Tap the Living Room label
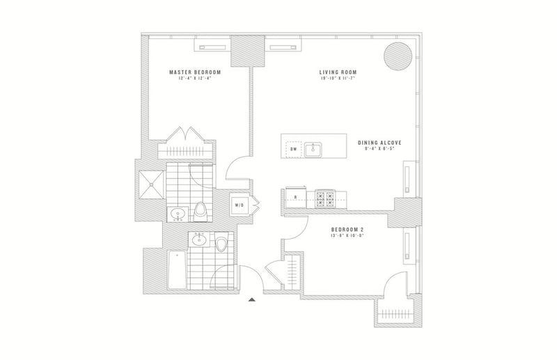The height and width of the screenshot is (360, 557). tap(337, 72)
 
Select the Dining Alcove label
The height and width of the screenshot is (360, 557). tap(381, 142)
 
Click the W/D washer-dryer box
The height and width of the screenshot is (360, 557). tap(239, 205)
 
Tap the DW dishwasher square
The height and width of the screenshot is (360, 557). tap(293, 149)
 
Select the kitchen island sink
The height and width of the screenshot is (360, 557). tap(315, 148)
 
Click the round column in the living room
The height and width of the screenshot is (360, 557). tap(396, 54)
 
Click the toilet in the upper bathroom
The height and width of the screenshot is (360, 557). tap(201, 211)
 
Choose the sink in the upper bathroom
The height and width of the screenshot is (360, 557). tap(177, 213)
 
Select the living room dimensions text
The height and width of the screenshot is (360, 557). tap(337, 79)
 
